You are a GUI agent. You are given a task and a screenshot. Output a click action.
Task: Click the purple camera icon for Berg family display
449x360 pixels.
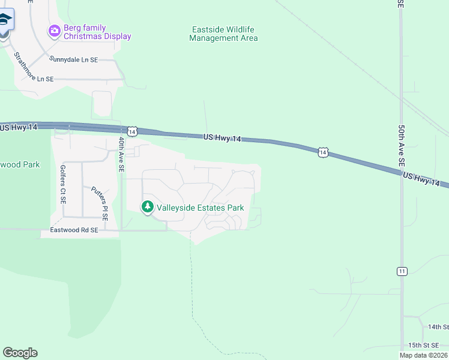coord(55,30)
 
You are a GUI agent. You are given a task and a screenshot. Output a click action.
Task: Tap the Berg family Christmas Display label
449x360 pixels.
coord(97,32)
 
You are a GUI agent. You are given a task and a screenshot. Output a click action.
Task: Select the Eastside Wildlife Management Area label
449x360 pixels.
coord(223,34)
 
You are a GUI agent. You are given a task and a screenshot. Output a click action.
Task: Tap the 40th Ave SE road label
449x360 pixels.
coord(121,155)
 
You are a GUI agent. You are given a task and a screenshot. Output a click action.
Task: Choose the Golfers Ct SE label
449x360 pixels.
coord(62,185)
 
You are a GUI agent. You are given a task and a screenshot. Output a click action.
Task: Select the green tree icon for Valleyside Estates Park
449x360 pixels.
coord(147,207)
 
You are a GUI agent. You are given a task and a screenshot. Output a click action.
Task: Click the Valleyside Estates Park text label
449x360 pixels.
coord(200,208)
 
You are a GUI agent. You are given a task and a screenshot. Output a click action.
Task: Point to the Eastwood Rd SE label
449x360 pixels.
coord(74,229)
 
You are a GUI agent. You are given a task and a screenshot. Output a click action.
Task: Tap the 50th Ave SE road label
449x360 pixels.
coord(401,148)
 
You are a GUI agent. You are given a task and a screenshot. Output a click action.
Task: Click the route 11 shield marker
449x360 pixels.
coord(401,271)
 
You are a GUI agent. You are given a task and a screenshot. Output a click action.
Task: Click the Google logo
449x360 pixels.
coord(20,353)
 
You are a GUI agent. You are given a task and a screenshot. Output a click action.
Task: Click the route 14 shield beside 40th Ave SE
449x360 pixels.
coord(133,131)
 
